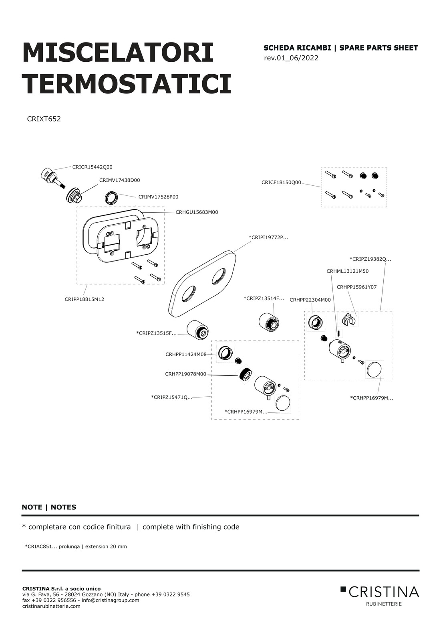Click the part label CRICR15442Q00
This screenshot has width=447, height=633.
[x=92, y=167]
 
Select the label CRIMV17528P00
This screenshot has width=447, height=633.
[x=158, y=197]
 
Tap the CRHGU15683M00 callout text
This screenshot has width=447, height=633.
[x=197, y=212]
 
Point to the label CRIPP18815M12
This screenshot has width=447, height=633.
[x=85, y=299]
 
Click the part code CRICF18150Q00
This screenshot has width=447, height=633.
[x=281, y=183]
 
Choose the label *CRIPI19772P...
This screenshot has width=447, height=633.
[x=268, y=237]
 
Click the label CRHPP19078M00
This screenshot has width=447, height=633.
[x=186, y=374]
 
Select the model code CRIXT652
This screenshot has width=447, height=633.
[x=44, y=119]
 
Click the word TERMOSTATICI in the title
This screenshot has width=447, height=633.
[x=127, y=84]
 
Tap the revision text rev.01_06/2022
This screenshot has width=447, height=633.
[x=291, y=58]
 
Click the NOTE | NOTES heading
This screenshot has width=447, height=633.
[x=49, y=507]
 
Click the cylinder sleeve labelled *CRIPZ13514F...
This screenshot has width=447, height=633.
[x=269, y=322]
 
